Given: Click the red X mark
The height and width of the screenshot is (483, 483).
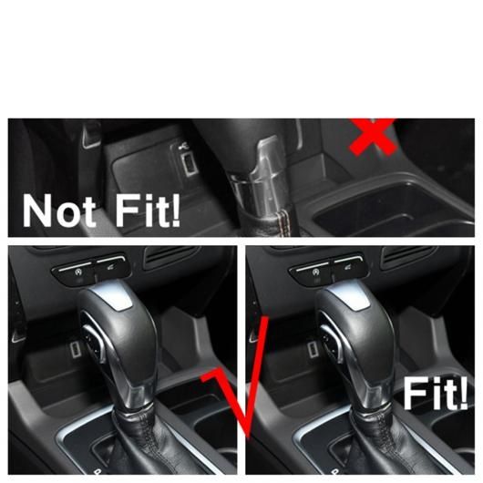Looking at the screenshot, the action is pyautogui.click(x=373, y=137).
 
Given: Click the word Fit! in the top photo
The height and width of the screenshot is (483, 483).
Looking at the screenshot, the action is pyautogui.click(x=148, y=211).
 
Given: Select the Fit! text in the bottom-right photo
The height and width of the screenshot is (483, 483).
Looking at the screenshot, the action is pyautogui.click(x=436, y=394).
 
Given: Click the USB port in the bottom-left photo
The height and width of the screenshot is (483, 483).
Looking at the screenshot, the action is pyautogui.click(x=74, y=350).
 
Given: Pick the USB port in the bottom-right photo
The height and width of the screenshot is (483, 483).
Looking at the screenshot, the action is pyautogui.click(x=312, y=350).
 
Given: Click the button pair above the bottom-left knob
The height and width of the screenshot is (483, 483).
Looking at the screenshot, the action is pyautogui.click(x=89, y=268).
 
